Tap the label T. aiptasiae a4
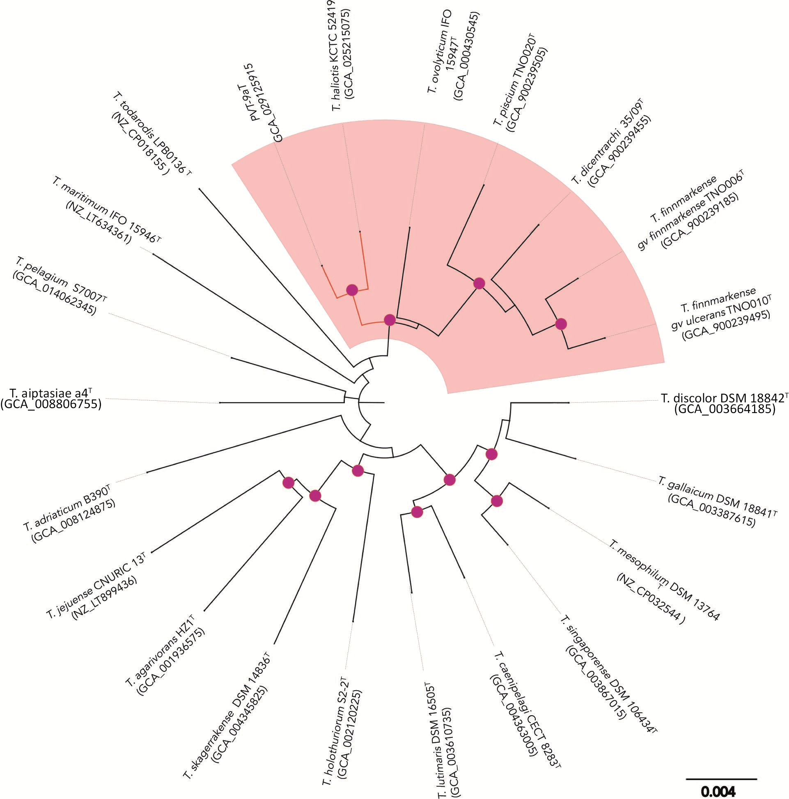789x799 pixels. pos(52,392)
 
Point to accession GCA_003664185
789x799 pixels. pos(724,410)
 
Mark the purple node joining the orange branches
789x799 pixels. pos(352,290)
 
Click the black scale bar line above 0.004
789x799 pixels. pos(721,779)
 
